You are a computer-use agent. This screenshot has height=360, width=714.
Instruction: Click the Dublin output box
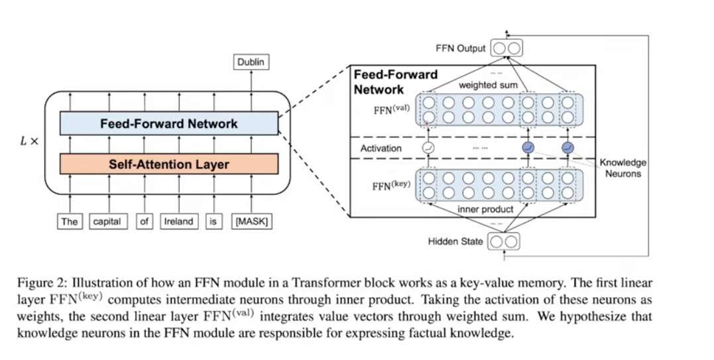click(x=251, y=62)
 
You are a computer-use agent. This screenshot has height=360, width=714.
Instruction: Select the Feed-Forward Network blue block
click(x=168, y=123)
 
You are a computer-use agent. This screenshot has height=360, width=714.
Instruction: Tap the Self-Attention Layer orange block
click(x=168, y=164)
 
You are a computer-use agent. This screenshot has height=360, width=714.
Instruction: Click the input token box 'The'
click(x=70, y=221)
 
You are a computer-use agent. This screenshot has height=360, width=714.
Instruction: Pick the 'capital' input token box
click(x=107, y=221)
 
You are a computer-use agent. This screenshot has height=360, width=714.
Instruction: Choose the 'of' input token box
click(x=144, y=221)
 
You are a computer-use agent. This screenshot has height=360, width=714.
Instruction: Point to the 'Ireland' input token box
click(x=178, y=221)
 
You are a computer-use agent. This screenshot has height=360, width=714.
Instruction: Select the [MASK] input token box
click(x=251, y=221)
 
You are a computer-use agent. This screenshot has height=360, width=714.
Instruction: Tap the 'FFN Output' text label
click(x=460, y=48)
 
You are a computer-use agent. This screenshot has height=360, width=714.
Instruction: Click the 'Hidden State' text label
click(x=455, y=242)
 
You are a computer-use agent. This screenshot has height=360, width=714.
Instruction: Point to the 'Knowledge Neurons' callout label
click(x=623, y=168)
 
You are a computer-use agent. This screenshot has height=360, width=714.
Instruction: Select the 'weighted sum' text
click(x=489, y=86)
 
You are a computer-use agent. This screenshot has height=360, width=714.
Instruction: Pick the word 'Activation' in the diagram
click(x=381, y=149)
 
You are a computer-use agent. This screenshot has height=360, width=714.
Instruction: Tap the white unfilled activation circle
click(x=428, y=149)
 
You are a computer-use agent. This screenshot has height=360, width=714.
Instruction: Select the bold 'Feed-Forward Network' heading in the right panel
click(x=395, y=82)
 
